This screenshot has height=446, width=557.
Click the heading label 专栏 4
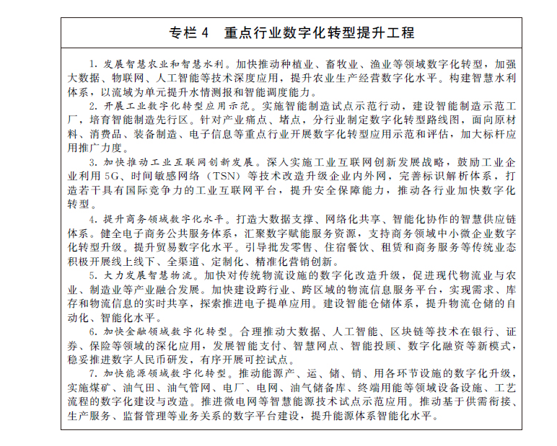[x=188, y=33]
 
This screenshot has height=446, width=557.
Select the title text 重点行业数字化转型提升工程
[x=318, y=33]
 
